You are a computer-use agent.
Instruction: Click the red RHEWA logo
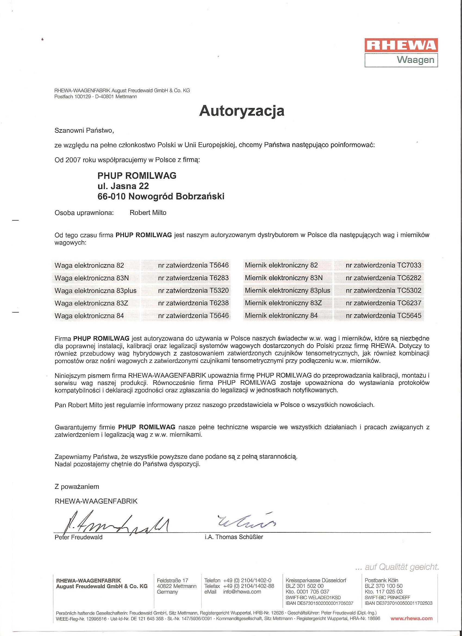(401, 46)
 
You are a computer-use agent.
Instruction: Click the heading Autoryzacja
(242, 111)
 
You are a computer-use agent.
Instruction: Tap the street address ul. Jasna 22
(123, 186)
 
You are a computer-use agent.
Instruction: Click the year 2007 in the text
(73, 160)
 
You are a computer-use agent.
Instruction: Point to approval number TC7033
(409, 265)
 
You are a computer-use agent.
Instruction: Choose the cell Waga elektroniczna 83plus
(96, 291)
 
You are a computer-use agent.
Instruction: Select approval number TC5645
(409, 316)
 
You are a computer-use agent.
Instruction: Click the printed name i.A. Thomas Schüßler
(234, 537)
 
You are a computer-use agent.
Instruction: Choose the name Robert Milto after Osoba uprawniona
(148, 213)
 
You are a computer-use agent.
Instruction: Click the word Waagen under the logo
(416, 60)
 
